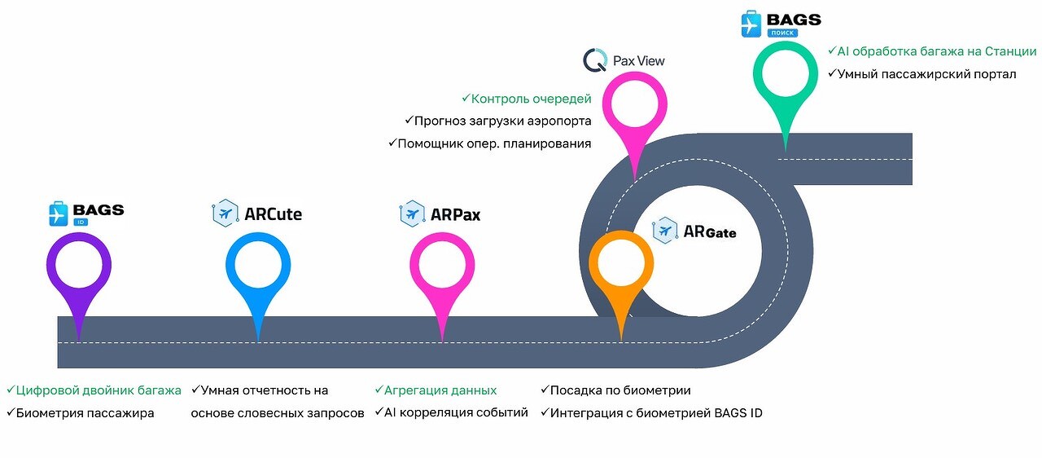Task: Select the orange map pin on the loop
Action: (621, 265)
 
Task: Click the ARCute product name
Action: (273, 214)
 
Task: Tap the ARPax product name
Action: (454, 214)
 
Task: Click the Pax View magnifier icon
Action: (594, 60)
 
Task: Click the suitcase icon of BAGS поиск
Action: (751, 24)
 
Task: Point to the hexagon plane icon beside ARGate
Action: (665, 231)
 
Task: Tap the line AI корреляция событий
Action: (455, 412)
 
